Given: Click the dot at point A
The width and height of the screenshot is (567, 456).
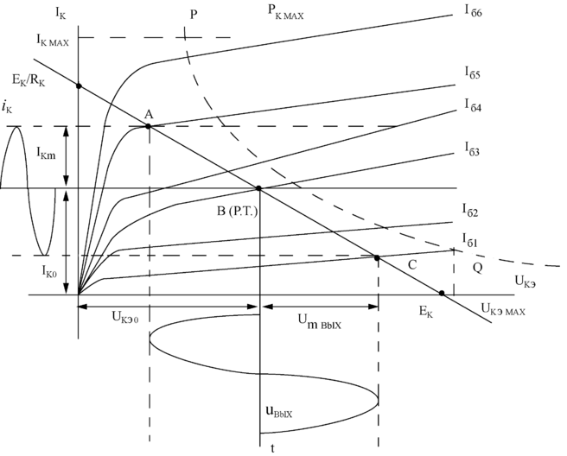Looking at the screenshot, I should pyautogui.click(x=149, y=126).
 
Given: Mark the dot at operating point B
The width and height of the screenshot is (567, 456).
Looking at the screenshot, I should pyautogui.click(x=259, y=187).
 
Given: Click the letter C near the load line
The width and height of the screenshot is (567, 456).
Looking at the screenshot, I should pyautogui.click(x=412, y=264).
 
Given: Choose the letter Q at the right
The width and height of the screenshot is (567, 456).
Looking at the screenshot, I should pyautogui.click(x=478, y=269).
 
